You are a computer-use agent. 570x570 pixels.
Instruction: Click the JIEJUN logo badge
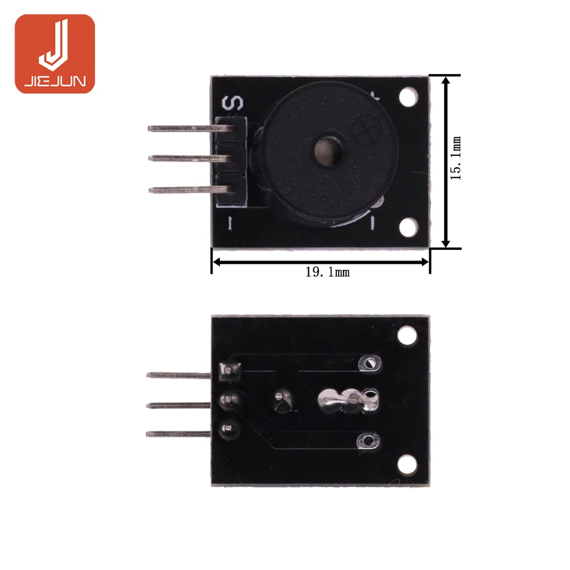tap(55, 54)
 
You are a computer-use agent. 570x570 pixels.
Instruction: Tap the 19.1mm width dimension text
tap(327, 272)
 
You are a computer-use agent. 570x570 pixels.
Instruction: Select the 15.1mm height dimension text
tap(455, 158)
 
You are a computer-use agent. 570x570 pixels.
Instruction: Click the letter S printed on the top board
tap(232, 103)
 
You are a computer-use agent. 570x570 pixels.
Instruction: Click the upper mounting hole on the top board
tap(409, 97)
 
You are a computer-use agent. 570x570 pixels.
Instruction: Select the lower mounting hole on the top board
tap(409, 228)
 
